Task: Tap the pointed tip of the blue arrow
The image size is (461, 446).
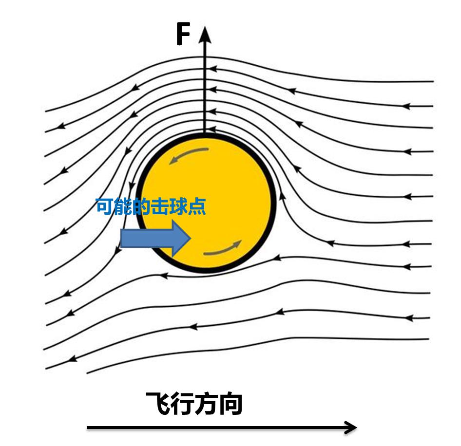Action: pos(190,238)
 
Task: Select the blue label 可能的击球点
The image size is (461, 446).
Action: pos(150,206)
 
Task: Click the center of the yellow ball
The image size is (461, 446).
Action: pos(205,202)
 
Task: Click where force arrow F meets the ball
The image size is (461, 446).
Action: pos(205,132)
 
